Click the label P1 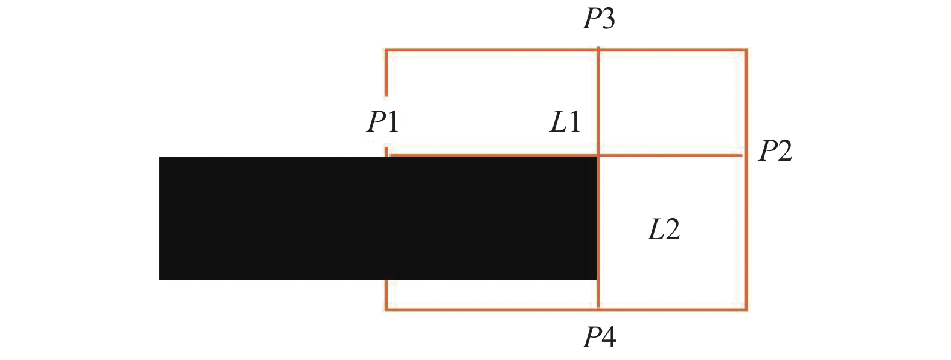click(383, 122)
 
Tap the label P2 click(775, 150)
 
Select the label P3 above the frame click(598, 19)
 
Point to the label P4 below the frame click(599, 338)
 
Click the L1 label click(565, 122)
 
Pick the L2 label click(664, 230)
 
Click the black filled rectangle click(378, 218)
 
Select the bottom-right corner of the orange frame click(746, 309)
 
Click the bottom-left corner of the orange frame click(386, 309)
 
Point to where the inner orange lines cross click(598, 156)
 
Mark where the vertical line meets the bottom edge click(598, 309)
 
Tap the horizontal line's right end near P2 click(742, 156)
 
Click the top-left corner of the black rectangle click(159, 158)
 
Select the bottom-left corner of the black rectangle click(159, 279)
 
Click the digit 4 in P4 click(608, 338)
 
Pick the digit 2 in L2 click(672, 230)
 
